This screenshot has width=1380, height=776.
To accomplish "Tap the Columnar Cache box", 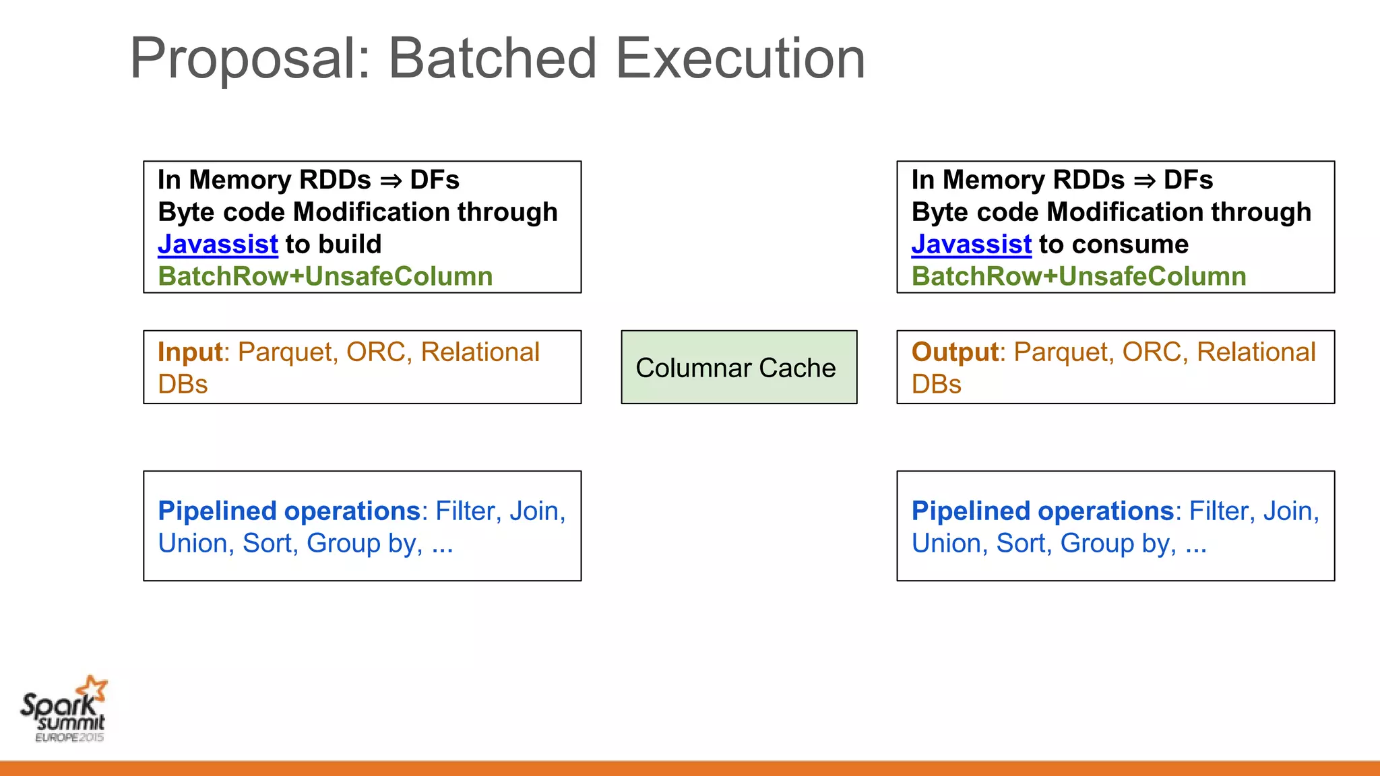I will coord(739,368).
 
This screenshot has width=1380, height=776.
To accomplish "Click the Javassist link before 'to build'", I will coord(218,245).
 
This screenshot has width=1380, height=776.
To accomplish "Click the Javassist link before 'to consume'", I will coord(971,245).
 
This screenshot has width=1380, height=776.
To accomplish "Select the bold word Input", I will coord(190,352).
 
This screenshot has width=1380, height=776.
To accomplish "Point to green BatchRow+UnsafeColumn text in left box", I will coord(325,277).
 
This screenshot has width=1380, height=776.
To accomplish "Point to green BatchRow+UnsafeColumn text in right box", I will coord(1079,277).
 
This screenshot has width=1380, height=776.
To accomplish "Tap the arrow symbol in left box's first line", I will coord(391,181).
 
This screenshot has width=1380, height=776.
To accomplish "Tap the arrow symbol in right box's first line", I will coord(1144,181).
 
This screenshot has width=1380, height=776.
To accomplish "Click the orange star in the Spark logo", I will coord(92,688).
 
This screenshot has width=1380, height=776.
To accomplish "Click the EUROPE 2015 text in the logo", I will coord(69,738).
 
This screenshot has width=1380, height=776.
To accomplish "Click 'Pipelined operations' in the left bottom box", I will coord(289,511).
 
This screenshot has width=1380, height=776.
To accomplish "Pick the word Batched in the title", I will coord(492,59).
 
